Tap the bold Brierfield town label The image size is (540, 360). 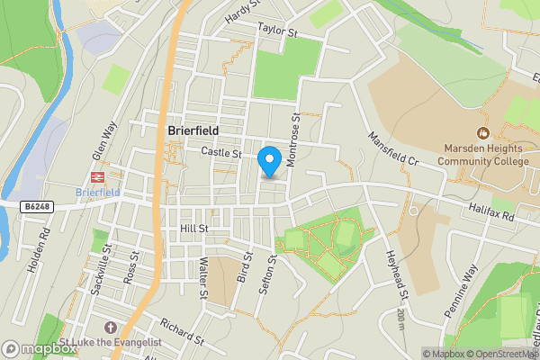193,130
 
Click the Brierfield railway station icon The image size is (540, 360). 96,178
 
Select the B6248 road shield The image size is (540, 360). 38,206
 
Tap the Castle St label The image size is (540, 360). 221,154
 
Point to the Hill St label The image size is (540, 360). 193,229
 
